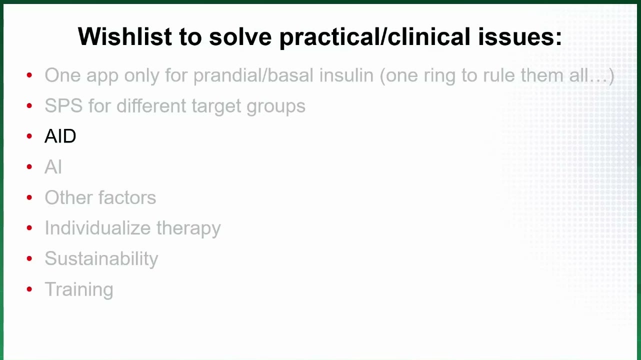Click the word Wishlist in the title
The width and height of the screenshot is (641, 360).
tap(125, 36)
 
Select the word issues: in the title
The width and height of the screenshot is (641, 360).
tap(520, 36)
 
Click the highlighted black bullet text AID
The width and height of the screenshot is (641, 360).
tap(60, 136)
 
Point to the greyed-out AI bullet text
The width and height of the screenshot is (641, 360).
tap(53, 166)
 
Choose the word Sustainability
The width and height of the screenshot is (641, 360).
tap(101, 258)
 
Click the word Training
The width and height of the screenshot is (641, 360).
tap(79, 289)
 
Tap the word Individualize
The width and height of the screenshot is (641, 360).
tap(97, 228)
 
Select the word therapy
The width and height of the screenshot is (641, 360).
tap(188, 228)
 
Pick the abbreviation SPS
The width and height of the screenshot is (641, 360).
tap(63, 105)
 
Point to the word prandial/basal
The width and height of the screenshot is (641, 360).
tap(253, 76)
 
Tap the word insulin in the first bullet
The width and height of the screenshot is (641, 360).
tap(346, 75)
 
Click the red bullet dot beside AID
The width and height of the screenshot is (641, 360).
tap(29, 136)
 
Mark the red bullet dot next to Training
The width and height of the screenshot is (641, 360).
tap(29, 289)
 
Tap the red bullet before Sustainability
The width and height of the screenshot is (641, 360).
tap(29, 258)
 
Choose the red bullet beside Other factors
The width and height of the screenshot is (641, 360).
tap(29, 197)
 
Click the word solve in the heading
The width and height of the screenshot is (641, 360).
tap(240, 36)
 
